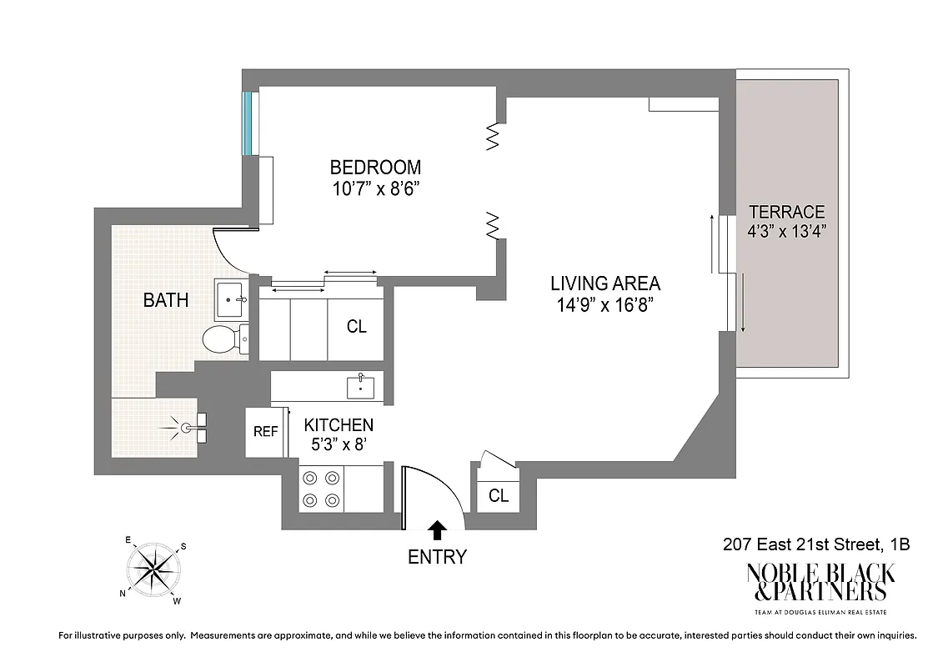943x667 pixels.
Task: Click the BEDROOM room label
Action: click(x=374, y=167)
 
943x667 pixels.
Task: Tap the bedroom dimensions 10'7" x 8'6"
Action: click(x=374, y=188)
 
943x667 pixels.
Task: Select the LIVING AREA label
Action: click(x=604, y=283)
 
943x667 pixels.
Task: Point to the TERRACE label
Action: click(x=786, y=212)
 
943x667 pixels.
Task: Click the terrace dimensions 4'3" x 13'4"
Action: click(x=786, y=231)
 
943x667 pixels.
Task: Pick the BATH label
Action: click(x=166, y=300)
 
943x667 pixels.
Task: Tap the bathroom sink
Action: click(x=231, y=299)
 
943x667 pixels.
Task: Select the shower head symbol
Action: click(x=188, y=428)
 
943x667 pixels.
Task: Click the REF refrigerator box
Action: click(x=265, y=432)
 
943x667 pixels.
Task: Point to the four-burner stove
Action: click(x=321, y=489)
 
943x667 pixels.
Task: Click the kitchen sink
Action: click(x=360, y=386)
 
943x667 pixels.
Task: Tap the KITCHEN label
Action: click(x=339, y=425)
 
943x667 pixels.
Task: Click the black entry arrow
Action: click(x=436, y=529)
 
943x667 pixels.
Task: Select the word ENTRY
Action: click(x=437, y=558)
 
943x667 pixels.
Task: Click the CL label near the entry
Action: click(x=499, y=496)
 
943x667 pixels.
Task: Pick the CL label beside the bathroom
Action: click(x=357, y=327)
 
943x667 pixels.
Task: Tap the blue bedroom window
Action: click(x=247, y=123)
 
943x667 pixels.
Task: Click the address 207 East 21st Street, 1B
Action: click(x=815, y=545)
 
